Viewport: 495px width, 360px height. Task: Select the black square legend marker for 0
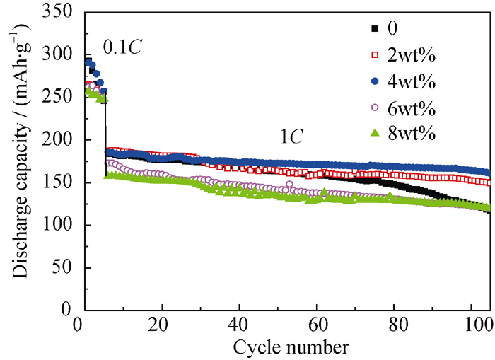pos(375,28)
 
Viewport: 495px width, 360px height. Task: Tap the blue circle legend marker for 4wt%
pos(375,81)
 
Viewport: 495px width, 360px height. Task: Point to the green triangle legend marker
pos(375,134)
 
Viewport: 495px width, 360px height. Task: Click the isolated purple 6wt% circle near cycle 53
pos(289,185)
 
